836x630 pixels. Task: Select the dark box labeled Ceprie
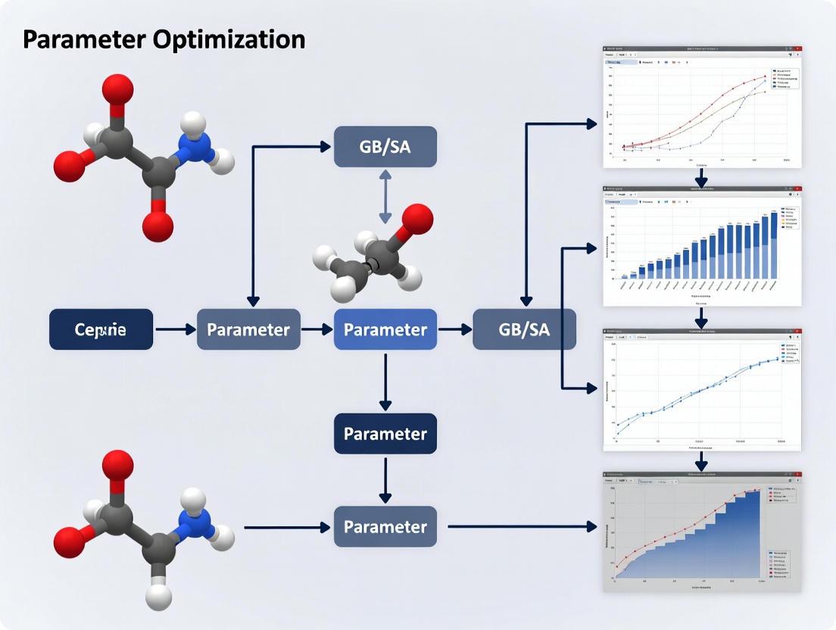click(x=101, y=329)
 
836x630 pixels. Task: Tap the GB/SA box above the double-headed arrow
click(x=385, y=147)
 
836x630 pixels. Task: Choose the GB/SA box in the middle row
click(x=524, y=329)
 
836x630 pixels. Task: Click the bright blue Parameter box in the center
click(x=385, y=329)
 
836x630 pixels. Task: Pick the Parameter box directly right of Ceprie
click(x=248, y=329)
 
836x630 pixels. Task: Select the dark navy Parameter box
click(x=385, y=434)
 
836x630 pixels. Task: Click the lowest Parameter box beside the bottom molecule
click(x=385, y=526)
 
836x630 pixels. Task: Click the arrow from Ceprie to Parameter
click(x=175, y=329)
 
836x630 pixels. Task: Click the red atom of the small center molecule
click(x=416, y=220)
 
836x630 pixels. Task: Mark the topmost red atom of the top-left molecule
click(x=117, y=90)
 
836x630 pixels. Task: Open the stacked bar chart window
click(x=701, y=246)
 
